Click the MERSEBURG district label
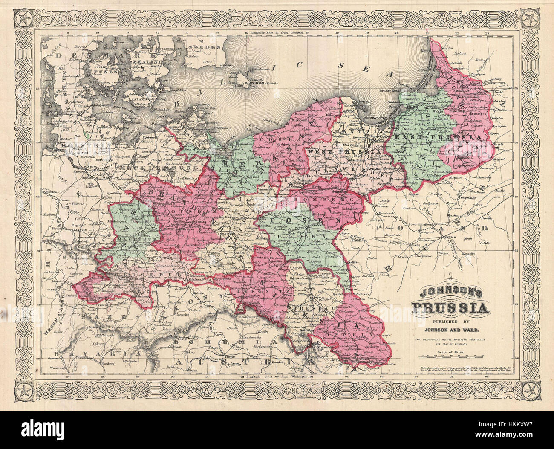coord(128,277)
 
